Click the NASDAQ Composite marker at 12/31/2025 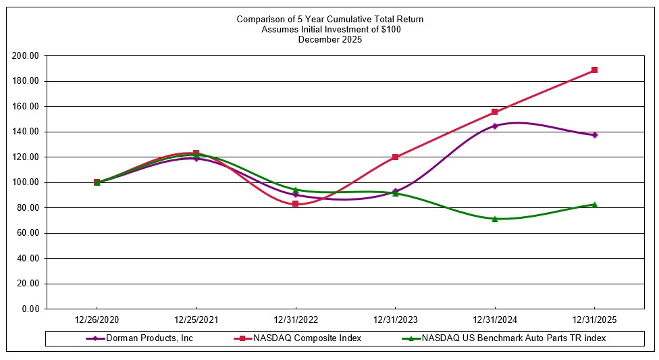tap(594, 70)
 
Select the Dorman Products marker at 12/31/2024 tap(495, 126)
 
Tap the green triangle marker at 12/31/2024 tap(495, 219)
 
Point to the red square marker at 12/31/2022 tap(296, 203)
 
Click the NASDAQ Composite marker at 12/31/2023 tap(396, 157)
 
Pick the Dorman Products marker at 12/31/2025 tap(594, 135)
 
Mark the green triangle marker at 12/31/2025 tap(594, 204)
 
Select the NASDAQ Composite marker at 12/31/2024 tap(495, 111)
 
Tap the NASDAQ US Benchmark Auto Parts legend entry tap(513, 338)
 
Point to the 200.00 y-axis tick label tap(26, 56)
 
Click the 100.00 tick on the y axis tap(26, 182)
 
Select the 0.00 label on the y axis tap(30, 309)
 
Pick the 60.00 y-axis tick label tap(28, 233)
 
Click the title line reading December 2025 tap(329, 39)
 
